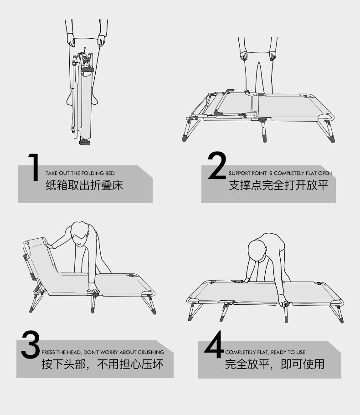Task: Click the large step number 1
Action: [34, 167]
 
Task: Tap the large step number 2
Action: [217, 165]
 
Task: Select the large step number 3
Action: [31, 344]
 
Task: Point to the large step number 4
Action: [214, 344]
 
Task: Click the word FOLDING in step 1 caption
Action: [93, 174]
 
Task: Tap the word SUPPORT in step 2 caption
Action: [240, 174]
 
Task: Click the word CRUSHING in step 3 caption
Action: [151, 352]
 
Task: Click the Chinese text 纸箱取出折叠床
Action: [84, 185]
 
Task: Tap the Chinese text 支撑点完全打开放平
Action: [279, 185]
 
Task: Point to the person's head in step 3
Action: [80, 234]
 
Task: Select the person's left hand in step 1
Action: [71, 40]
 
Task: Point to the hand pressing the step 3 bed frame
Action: [93, 288]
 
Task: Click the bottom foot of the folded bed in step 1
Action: [85, 142]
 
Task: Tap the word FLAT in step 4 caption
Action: [262, 352]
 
